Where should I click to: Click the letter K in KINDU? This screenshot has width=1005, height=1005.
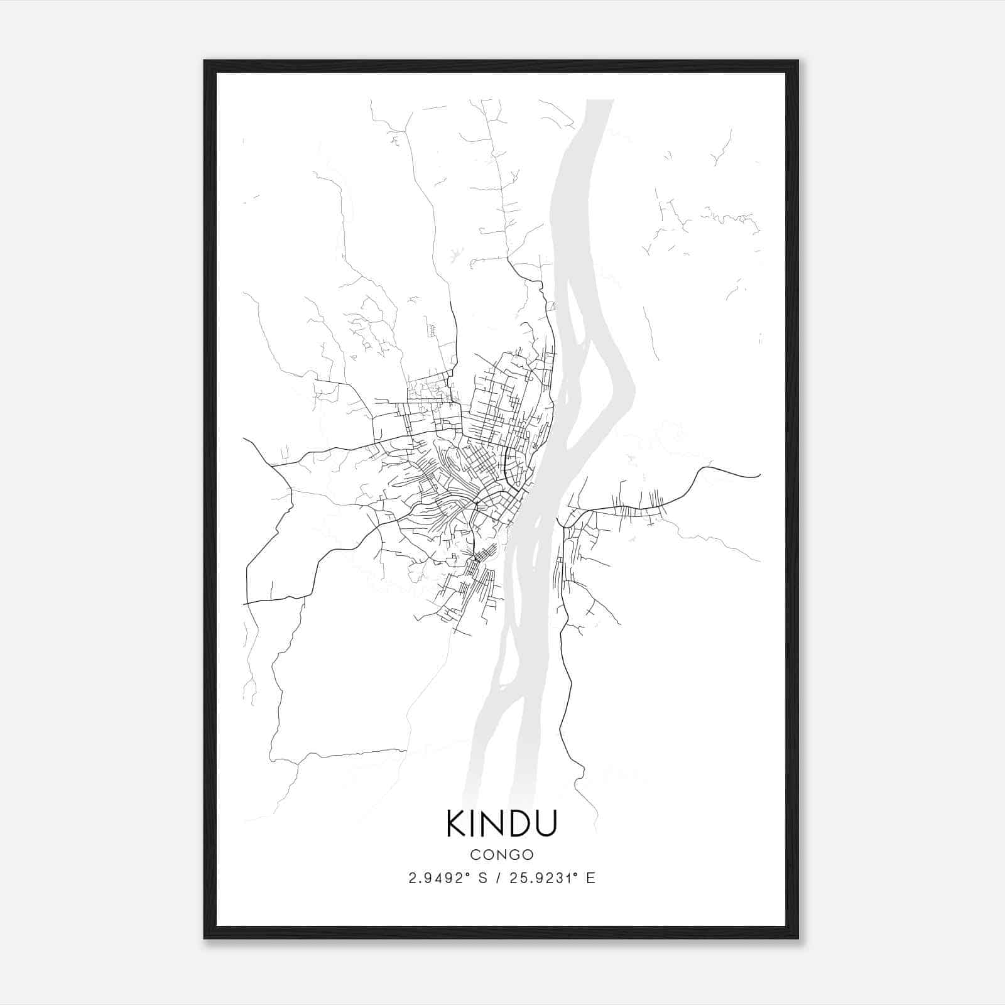(457, 823)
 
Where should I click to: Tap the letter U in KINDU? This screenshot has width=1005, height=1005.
(546, 823)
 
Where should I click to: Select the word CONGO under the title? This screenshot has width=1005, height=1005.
(502, 855)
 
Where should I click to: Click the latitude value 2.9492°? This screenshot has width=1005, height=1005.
(438, 878)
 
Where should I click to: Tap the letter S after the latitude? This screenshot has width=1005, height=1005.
(482, 878)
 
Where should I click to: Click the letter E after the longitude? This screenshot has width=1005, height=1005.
(590, 878)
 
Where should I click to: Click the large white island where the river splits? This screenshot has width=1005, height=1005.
(594, 377)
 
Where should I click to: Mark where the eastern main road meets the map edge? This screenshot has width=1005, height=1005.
(760, 475)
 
